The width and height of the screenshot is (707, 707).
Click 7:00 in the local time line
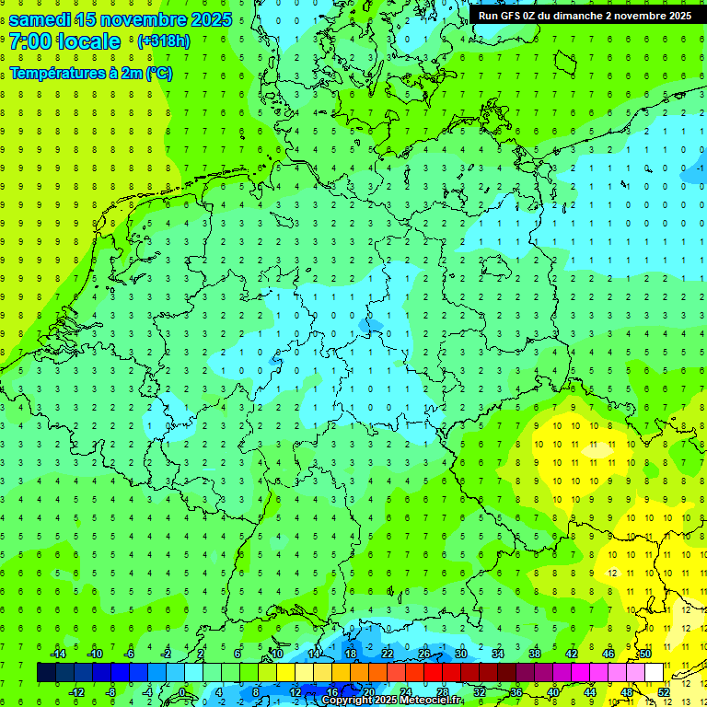[x=32, y=41]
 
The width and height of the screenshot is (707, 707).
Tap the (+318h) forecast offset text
[x=163, y=41]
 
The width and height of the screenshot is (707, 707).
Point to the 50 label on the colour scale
[x=644, y=654]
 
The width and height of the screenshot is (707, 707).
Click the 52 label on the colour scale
[x=663, y=691]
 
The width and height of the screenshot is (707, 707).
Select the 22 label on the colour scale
[x=388, y=654]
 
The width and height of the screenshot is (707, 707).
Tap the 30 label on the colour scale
[x=461, y=654]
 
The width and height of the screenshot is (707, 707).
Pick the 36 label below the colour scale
[x=516, y=691]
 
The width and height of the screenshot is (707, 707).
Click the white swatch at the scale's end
[x=654, y=672]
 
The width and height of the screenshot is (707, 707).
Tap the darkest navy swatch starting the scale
[x=46, y=672]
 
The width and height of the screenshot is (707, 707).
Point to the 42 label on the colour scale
[x=571, y=654]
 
